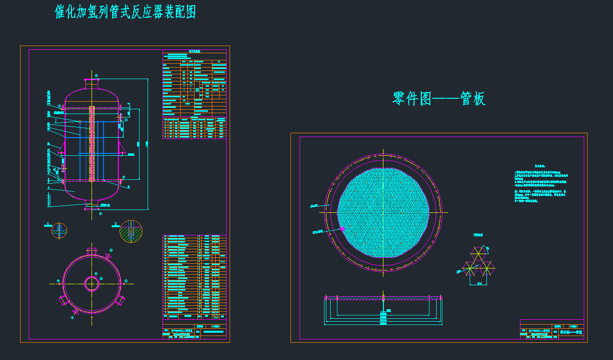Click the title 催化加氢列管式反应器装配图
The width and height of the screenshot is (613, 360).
coord(126,12)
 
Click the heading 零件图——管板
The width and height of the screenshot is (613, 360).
coord(439,99)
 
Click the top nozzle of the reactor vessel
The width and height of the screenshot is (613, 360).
coord(92,83)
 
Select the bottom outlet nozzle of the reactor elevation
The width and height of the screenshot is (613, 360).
coord(92,205)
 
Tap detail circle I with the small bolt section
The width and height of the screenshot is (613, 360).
coord(59,230)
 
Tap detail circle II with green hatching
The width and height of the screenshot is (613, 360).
coord(131,232)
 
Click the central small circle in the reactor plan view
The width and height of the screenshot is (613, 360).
coord(92,284)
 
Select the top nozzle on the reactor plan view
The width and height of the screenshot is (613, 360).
coord(92,251)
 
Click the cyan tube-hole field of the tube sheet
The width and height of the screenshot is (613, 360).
coord(383,212)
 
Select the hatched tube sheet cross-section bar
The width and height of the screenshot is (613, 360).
coord(383,298)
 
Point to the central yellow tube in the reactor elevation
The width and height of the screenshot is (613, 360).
coord(91,144)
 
